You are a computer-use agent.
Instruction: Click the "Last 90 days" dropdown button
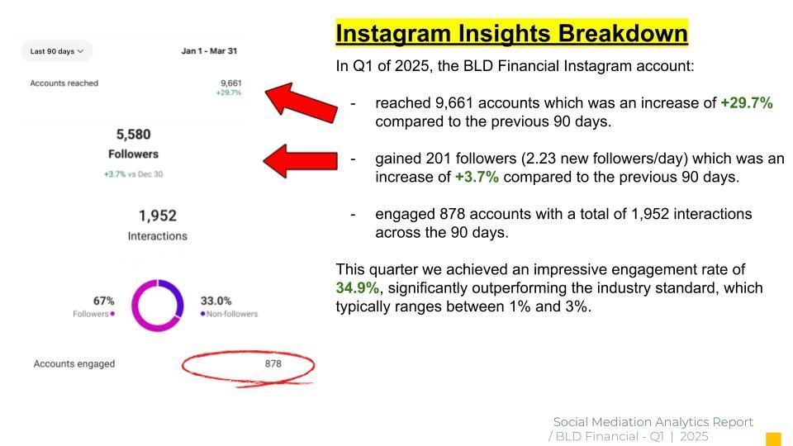pos(57,51)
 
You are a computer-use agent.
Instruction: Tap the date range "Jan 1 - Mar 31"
pos(209,51)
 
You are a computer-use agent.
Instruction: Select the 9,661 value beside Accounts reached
pos(231,83)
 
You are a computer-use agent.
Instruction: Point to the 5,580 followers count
pos(134,135)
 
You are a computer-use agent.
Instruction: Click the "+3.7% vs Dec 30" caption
pos(134,174)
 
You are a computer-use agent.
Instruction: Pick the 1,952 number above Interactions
pos(158,216)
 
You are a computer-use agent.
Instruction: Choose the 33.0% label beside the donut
pos(216,301)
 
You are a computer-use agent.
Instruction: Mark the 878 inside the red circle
pos(273,363)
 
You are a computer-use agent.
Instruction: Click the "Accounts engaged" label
pos(74,363)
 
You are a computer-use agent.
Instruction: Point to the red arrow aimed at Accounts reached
pos(302,102)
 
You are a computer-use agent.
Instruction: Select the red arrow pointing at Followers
pos(301,161)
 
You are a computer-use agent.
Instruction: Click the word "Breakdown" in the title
pos(623,34)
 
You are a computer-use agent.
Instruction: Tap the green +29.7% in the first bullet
pos(747,103)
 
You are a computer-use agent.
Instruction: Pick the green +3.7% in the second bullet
pos(477,177)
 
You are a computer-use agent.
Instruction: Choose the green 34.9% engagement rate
pos(358,287)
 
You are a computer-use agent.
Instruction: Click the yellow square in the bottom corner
pos(773,439)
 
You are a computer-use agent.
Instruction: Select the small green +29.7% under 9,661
pos(229,93)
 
